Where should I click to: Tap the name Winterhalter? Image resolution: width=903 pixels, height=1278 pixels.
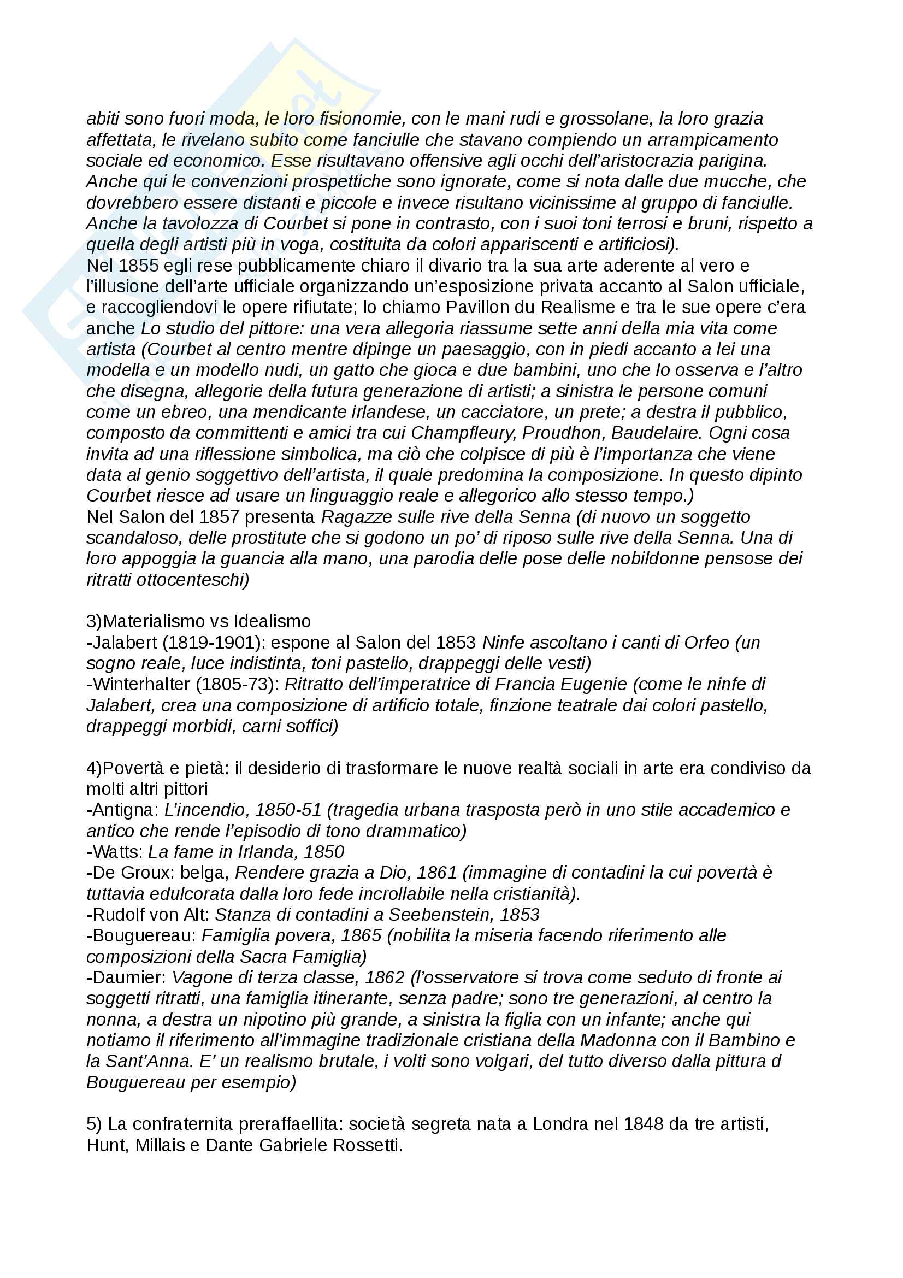point(141,684)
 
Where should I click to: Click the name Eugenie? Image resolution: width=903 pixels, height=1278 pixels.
point(595,684)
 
